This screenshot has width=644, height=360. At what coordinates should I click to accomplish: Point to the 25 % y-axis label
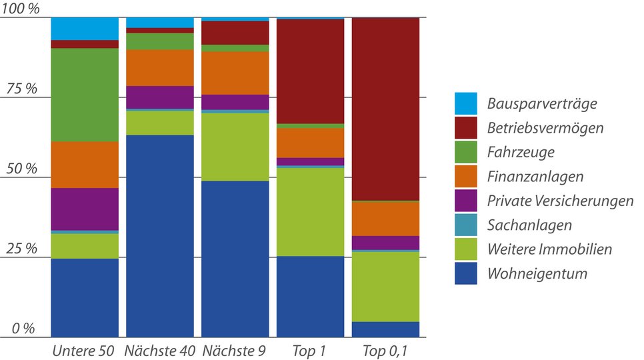click(21, 249)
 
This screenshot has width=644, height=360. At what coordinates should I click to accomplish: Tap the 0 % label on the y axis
click(23, 328)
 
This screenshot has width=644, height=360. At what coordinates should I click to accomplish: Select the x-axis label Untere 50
click(84, 351)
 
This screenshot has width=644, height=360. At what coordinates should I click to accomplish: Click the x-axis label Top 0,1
click(385, 351)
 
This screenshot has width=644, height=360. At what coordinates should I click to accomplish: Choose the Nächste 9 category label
click(235, 351)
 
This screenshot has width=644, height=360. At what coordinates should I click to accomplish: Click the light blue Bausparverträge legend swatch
click(466, 103)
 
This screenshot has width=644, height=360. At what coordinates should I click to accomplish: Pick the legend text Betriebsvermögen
click(545, 128)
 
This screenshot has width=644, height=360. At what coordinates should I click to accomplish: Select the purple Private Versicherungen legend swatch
click(466, 201)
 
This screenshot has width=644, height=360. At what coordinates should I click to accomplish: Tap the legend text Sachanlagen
click(529, 225)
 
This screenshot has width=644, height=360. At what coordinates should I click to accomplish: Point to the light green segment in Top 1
click(310, 211)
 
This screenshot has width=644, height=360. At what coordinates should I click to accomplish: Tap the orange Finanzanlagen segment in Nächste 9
click(235, 73)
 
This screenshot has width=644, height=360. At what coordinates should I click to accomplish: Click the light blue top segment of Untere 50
click(85, 28)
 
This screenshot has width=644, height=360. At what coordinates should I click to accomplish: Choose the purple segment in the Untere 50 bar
click(85, 209)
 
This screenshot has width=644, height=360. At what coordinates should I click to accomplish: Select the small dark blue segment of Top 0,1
click(385, 329)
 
